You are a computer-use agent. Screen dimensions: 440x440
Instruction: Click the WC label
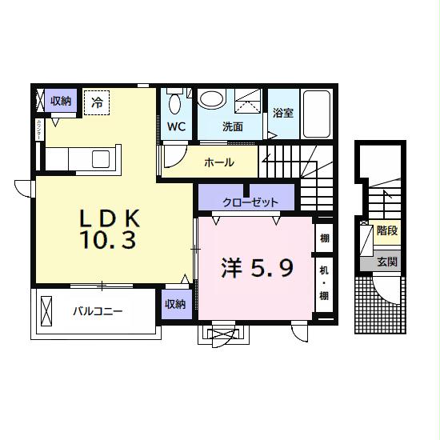tap(176, 126)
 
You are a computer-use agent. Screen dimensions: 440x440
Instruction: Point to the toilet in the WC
tap(177, 103)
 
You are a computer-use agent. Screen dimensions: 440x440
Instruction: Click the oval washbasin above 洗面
tap(211, 99)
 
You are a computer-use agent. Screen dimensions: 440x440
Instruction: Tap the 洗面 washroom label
tap(232, 126)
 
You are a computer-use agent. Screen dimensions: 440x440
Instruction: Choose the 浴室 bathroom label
tap(282, 113)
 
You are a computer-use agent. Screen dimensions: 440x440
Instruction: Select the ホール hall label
tap(218, 162)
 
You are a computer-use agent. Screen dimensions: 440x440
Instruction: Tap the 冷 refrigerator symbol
tap(97, 102)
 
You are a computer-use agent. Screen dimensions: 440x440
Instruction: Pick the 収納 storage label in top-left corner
tap(61, 101)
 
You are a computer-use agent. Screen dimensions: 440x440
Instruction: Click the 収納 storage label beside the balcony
tap(175, 303)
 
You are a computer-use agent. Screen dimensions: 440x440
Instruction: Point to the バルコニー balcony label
tap(97, 311)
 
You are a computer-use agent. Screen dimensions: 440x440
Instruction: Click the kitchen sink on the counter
tap(102, 158)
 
